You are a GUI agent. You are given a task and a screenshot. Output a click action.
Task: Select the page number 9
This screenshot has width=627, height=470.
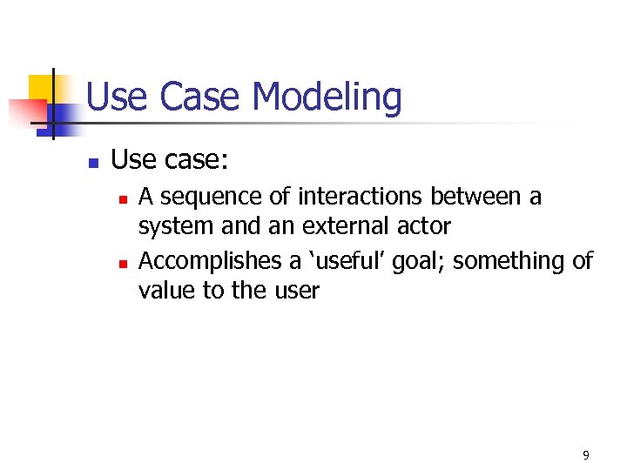tap(585, 455)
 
